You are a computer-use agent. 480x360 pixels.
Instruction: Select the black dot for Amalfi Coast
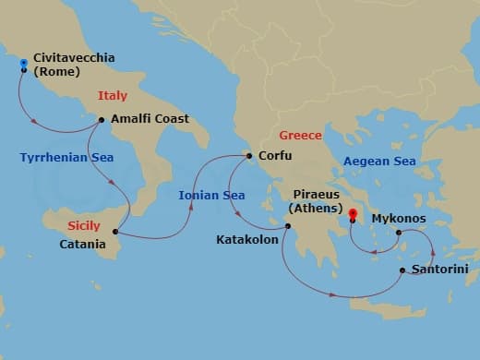tap(102, 119)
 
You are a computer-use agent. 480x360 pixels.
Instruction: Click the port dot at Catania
tap(116, 231)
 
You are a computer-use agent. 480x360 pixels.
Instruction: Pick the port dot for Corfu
tap(249, 156)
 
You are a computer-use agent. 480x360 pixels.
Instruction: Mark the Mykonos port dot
tap(399, 233)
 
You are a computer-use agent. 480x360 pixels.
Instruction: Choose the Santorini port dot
tap(402, 270)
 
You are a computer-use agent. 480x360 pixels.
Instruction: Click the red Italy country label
tap(114, 95)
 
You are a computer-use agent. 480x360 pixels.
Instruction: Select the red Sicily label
tap(84, 225)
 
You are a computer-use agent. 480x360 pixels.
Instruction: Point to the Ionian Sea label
tap(211, 195)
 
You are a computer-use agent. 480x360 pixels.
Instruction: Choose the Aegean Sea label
tap(379, 162)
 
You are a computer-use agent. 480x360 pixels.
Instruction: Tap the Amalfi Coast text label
tap(150, 119)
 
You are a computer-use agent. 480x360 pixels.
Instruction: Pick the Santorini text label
tap(440, 269)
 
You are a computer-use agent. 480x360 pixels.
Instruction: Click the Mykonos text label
tap(399, 219)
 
